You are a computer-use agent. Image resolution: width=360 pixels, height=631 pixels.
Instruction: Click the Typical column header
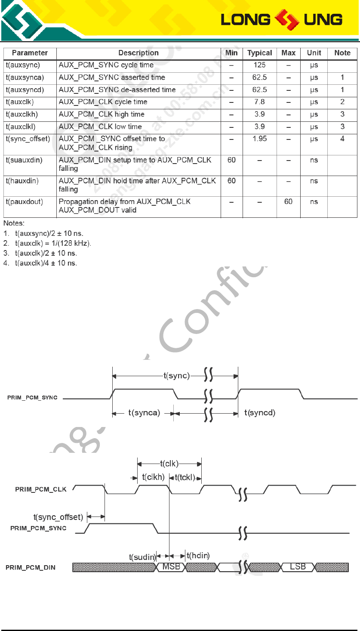coord(259,53)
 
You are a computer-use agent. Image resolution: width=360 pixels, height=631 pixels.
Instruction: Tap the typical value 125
coord(259,65)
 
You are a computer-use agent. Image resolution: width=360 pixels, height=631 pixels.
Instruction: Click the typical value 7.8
coord(259,102)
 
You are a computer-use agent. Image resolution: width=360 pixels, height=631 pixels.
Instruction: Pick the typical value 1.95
coord(259,139)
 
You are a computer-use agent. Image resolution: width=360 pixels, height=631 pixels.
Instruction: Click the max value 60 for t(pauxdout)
coord(288,201)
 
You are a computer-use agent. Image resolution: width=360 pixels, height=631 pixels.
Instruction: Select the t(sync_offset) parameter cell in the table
coord(28,139)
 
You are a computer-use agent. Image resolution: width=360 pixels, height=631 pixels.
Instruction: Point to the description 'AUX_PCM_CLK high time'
coord(102,114)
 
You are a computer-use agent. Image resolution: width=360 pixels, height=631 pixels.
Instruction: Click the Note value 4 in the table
coord(342,139)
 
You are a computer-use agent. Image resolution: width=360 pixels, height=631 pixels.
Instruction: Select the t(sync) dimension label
coord(176,376)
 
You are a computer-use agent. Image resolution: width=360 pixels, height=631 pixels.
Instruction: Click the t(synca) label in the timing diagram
coord(144,413)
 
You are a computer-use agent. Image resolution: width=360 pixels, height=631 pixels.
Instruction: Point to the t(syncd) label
coord(260,413)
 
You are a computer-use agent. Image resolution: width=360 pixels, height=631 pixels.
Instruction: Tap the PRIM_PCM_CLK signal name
coord(41,489)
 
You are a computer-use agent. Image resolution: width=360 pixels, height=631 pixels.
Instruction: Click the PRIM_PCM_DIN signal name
coord(31,568)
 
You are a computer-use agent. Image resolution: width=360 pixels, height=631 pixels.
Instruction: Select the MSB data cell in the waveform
coord(171,567)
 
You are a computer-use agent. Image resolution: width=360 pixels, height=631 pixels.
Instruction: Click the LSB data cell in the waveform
coord(298,567)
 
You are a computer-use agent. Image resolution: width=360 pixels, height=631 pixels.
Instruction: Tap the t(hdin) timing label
coord(198,556)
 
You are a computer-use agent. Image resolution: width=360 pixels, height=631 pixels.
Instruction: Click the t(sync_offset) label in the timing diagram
coord(58,517)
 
